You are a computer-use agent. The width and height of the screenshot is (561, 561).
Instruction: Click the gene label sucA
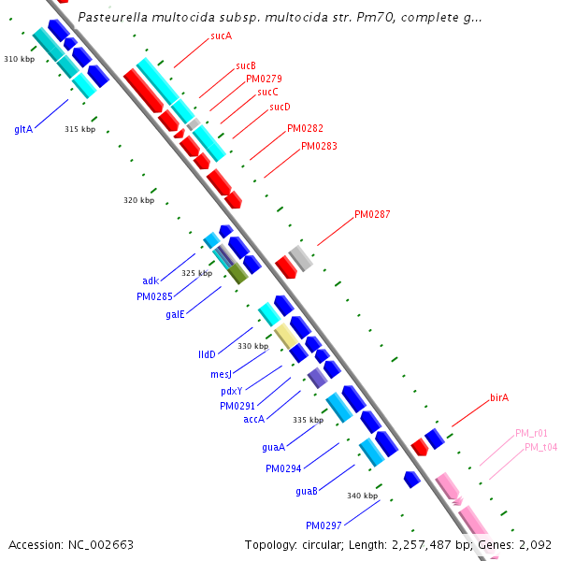(221, 36)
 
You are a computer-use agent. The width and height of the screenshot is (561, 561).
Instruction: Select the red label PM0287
(372, 215)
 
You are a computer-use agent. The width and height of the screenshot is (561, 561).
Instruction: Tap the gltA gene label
(23, 129)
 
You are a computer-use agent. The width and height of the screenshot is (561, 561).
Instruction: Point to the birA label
(498, 398)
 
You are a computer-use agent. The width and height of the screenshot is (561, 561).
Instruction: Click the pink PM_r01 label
(531, 434)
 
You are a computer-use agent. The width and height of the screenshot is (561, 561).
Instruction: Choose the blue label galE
(175, 315)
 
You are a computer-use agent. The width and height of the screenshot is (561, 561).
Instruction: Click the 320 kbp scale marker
(138, 201)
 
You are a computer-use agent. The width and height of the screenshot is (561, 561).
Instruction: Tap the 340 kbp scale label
(363, 496)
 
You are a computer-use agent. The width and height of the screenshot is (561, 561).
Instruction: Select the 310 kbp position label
(19, 59)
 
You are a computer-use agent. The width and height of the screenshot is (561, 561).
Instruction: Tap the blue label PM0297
(324, 525)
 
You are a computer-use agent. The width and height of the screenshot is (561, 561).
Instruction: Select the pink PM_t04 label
(540, 448)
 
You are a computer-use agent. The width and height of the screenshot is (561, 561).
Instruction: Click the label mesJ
(221, 374)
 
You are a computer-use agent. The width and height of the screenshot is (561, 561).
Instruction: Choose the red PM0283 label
(319, 147)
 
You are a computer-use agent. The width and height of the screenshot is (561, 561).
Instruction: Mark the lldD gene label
(207, 355)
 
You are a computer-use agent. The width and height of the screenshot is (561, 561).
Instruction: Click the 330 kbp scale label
(252, 346)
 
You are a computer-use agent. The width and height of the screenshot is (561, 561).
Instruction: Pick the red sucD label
(280, 108)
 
